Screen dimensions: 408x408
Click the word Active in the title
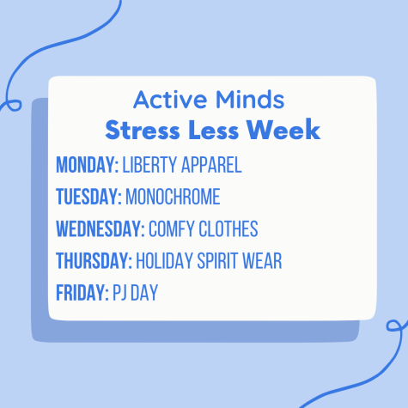170,100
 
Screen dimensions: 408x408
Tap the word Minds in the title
250,100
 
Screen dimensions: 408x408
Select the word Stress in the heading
143,130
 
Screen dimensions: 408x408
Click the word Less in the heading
213,130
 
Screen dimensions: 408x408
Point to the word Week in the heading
283,130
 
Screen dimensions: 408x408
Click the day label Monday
87,165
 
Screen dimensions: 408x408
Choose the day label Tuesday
88,197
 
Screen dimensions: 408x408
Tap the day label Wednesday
100,228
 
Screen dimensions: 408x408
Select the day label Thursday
94,261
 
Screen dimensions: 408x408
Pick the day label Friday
82,293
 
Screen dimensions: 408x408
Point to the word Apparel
211,165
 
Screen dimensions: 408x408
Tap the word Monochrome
173,197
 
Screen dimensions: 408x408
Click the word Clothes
228,228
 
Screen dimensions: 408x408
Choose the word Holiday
164,261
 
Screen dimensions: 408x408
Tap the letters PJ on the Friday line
119,293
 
